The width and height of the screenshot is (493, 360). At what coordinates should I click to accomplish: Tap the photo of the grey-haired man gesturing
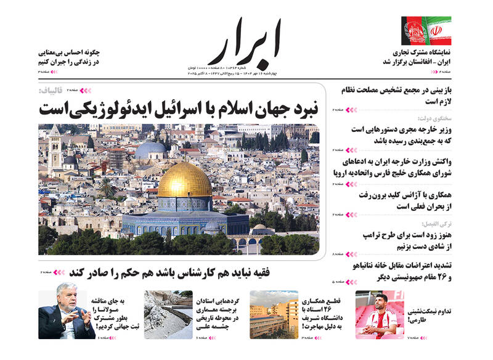click(x=67, y=314)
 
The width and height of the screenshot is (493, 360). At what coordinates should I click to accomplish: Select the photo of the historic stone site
click(x=168, y=314)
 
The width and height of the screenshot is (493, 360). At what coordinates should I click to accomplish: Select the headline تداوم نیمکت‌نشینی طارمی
click(x=429, y=313)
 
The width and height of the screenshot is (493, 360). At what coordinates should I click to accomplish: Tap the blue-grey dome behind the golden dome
click(x=150, y=150)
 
